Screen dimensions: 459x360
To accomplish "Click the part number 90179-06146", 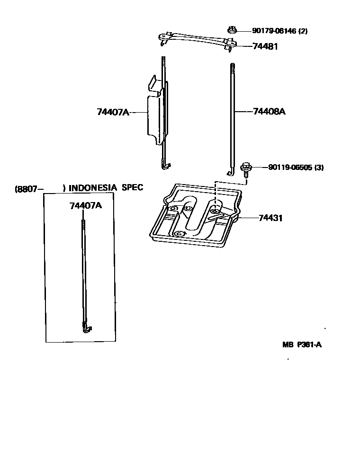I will click(x=274, y=31).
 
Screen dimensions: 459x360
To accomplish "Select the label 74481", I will click(x=265, y=46).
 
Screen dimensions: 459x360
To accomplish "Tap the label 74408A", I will click(x=269, y=112).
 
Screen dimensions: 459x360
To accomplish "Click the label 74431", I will click(x=270, y=218).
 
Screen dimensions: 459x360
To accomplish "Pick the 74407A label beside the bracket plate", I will click(x=113, y=112).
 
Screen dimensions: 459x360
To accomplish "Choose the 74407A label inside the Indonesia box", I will click(x=85, y=206).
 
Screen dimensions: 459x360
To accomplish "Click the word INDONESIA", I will click(x=93, y=188).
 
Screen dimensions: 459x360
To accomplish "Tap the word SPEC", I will click(x=133, y=187).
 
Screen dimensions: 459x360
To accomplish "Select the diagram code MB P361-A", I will click(x=302, y=344).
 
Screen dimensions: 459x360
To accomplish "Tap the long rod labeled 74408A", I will click(x=232, y=118).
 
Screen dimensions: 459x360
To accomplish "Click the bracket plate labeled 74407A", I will click(x=154, y=111).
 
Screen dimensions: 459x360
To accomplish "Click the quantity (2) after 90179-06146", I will click(x=303, y=31).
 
